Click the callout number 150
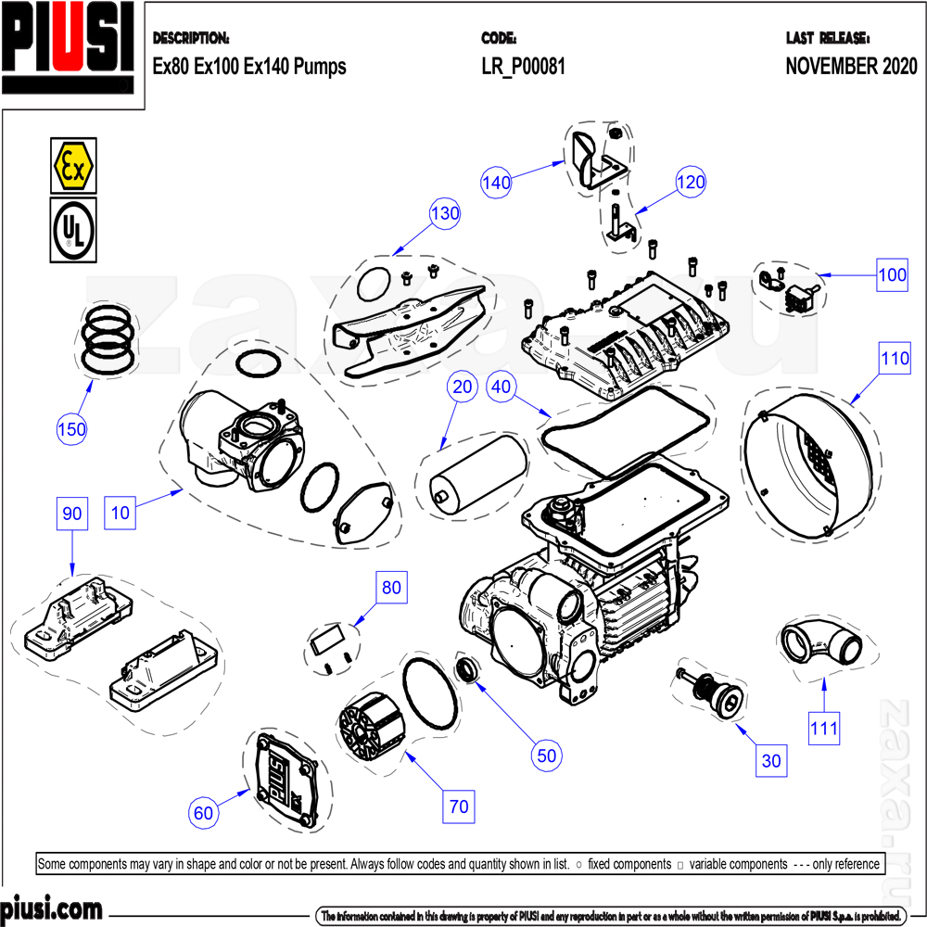pyautogui.click(x=71, y=429)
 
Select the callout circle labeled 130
pyautogui.click(x=445, y=214)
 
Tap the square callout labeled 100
pyautogui.click(x=893, y=275)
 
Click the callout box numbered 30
pyautogui.click(x=771, y=761)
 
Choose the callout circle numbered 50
pyautogui.click(x=547, y=756)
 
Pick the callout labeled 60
pyautogui.click(x=204, y=813)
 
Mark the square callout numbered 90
pyautogui.click(x=72, y=513)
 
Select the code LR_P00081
pyautogui.click(x=523, y=67)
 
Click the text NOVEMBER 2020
pyautogui.click(x=851, y=67)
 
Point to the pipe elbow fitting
pyautogui.click(x=819, y=644)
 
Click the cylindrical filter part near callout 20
pyautogui.click(x=476, y=473)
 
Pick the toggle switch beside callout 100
pyautogui.click(x=797, y=296)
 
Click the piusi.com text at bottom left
pyautogui.click(x=51, y=908)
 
